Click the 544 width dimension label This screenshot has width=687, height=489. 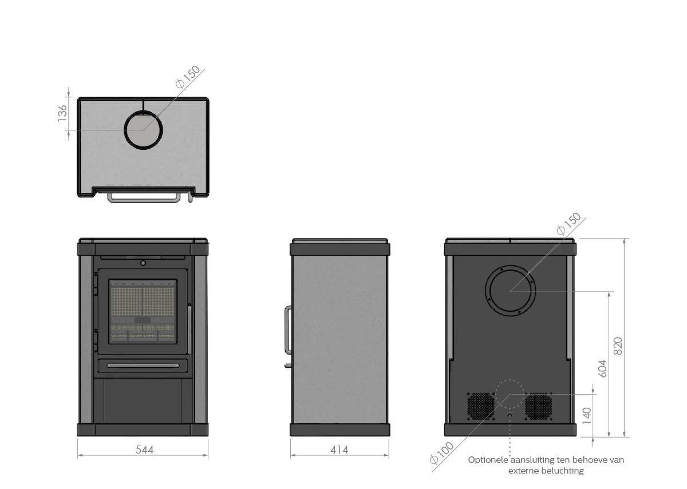(144, 450)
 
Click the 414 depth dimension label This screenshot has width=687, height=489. (339, 450)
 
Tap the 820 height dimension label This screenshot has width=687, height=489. (618, 346)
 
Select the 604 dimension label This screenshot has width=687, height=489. (602, 369)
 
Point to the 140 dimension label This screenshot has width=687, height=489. (586, 416)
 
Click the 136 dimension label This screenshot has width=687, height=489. (62, 113)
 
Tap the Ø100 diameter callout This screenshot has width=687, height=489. (441, 453)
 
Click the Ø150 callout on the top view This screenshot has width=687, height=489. (188, 77)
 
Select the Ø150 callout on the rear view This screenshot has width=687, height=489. (569, 224)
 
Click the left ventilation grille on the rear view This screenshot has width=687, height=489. (480, 406)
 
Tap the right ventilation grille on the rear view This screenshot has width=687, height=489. (538, 406)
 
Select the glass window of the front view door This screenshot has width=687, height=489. (143, 311)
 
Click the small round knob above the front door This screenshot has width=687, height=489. (143, 263)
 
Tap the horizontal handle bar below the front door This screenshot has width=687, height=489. (143, 365)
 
